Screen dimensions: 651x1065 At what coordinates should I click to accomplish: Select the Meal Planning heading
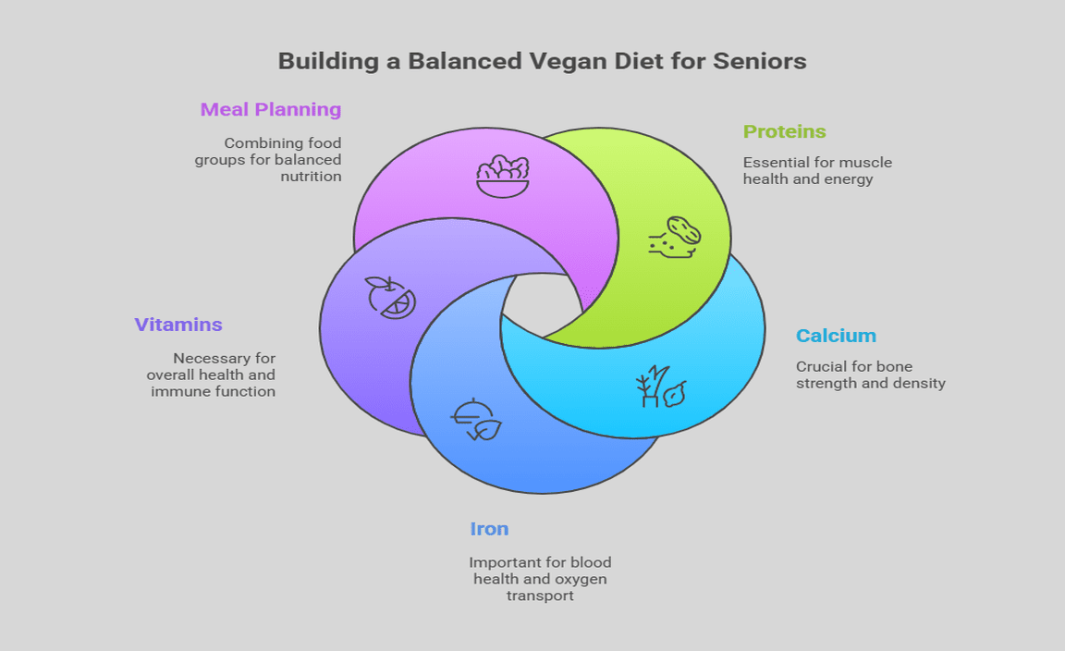(x=271, y=110)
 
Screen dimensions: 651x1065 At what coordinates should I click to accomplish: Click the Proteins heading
(x=785, y=132)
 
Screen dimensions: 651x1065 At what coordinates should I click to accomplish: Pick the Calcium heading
(x=836, y=337)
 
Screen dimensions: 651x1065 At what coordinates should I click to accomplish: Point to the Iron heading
(x=489, y=530)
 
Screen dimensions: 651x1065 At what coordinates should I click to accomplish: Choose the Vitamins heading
(x=178, y=325)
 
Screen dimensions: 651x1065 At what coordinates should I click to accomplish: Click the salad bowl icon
(x=503, y=176)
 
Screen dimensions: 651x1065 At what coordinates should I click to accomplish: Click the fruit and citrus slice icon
(x=390, y=297)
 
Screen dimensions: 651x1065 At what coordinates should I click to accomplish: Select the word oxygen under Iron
(x=581, y=579)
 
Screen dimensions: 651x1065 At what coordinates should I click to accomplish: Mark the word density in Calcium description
(x=919, y=383)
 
